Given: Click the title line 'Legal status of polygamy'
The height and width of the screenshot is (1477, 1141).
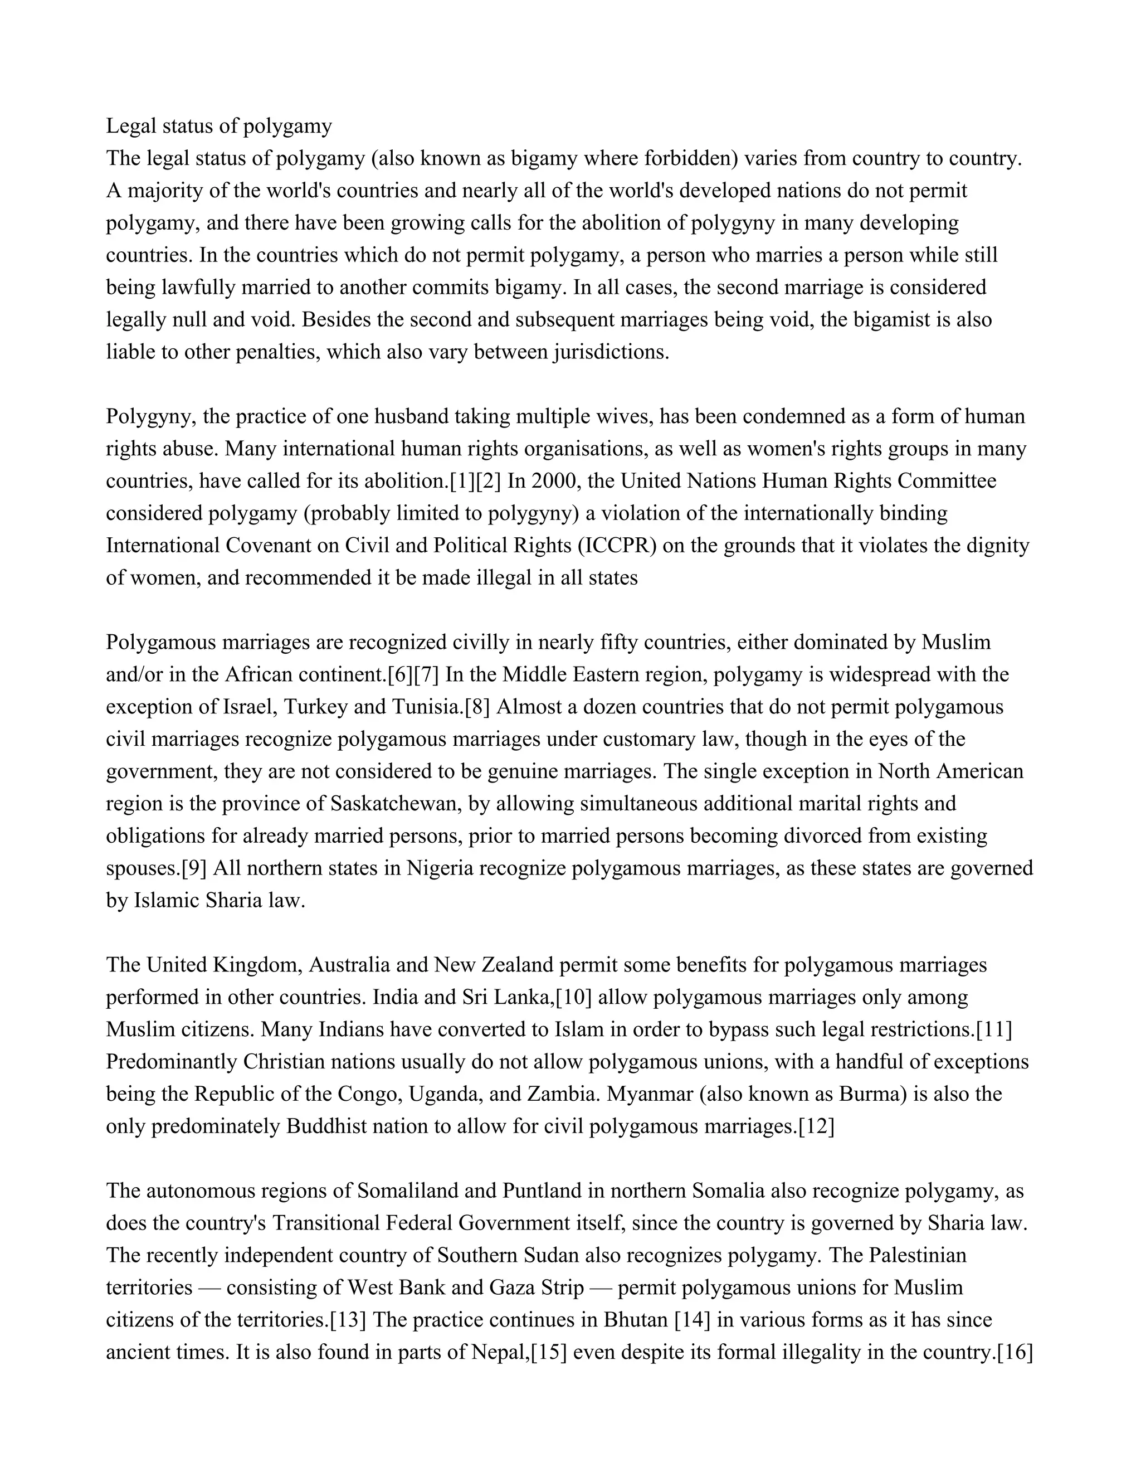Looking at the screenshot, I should [219, 126].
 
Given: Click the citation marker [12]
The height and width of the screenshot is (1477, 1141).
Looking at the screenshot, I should [816, 1126].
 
